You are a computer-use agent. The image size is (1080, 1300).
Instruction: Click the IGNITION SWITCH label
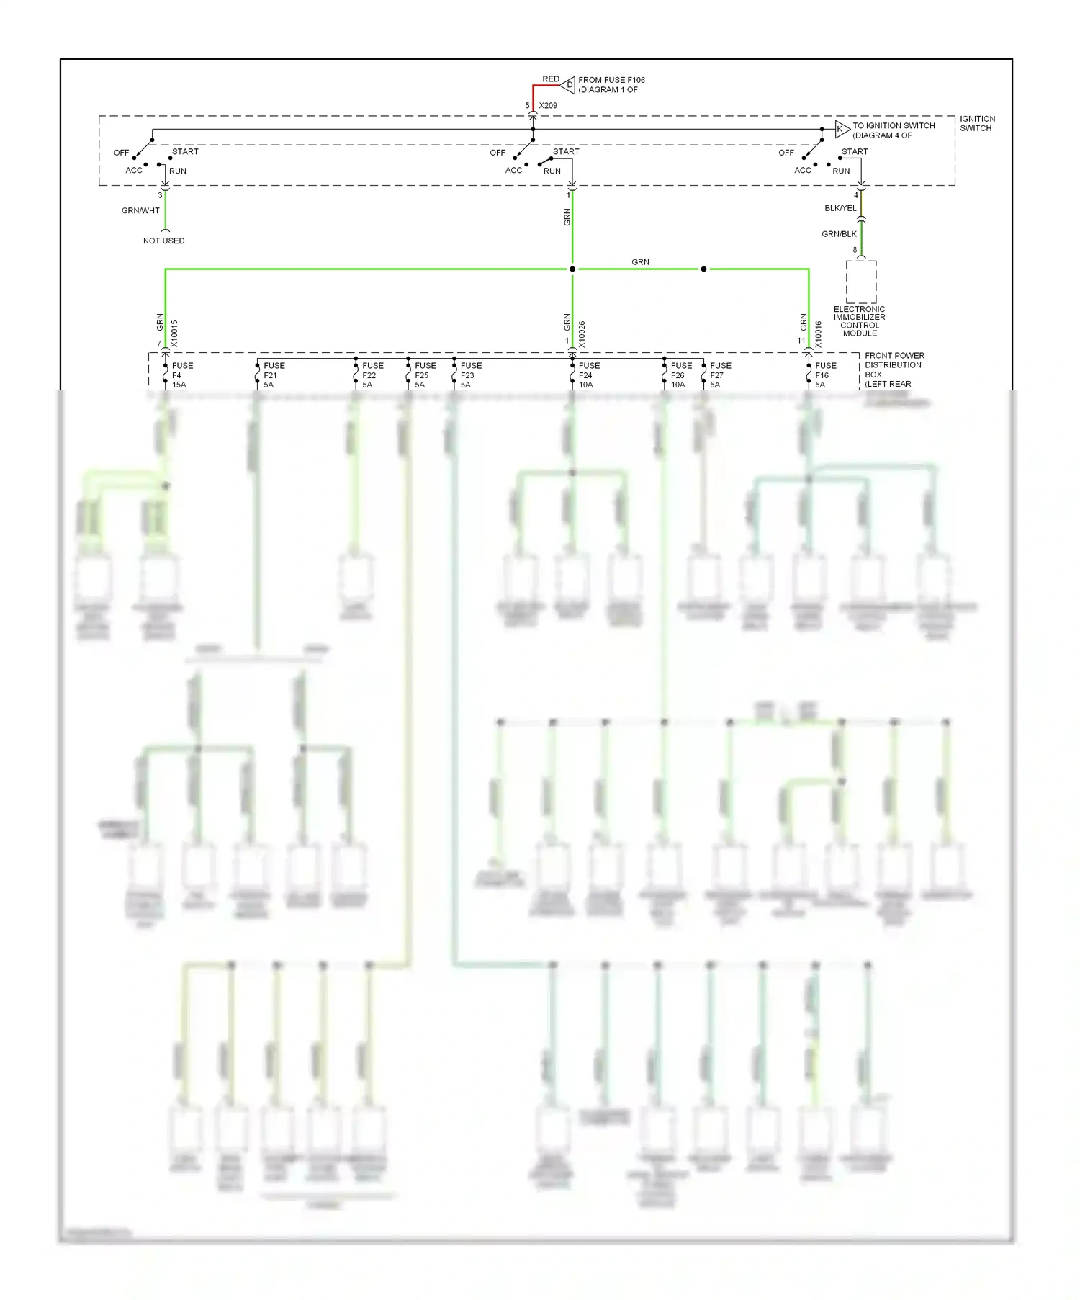[x=977, y=124]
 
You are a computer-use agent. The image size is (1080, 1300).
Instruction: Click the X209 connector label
[x=548, y=106]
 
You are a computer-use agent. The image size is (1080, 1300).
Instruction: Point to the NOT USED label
[x=163, y=241]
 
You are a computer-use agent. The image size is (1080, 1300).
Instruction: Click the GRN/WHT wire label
[x=140, y=211]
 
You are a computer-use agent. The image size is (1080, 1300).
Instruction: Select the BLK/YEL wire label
[x=840, y=208]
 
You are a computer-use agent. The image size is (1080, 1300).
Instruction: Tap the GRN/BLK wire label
[x=839, y=234]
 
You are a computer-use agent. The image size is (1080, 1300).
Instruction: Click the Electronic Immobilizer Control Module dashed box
[x=860, y=282]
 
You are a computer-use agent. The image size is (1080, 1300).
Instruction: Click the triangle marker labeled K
[x=841, y=130]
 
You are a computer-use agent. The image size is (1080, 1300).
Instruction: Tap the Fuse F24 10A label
[x=589, y=375]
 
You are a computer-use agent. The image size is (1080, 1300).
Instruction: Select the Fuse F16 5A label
[x=825, y=375]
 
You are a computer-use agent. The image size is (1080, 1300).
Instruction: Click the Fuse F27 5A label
[x=720, y=375]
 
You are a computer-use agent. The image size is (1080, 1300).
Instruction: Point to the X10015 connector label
[x=175, y=334]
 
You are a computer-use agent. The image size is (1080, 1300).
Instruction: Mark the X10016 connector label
[x=819, y=334]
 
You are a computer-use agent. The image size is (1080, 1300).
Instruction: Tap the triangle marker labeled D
[x=569, y=85]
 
